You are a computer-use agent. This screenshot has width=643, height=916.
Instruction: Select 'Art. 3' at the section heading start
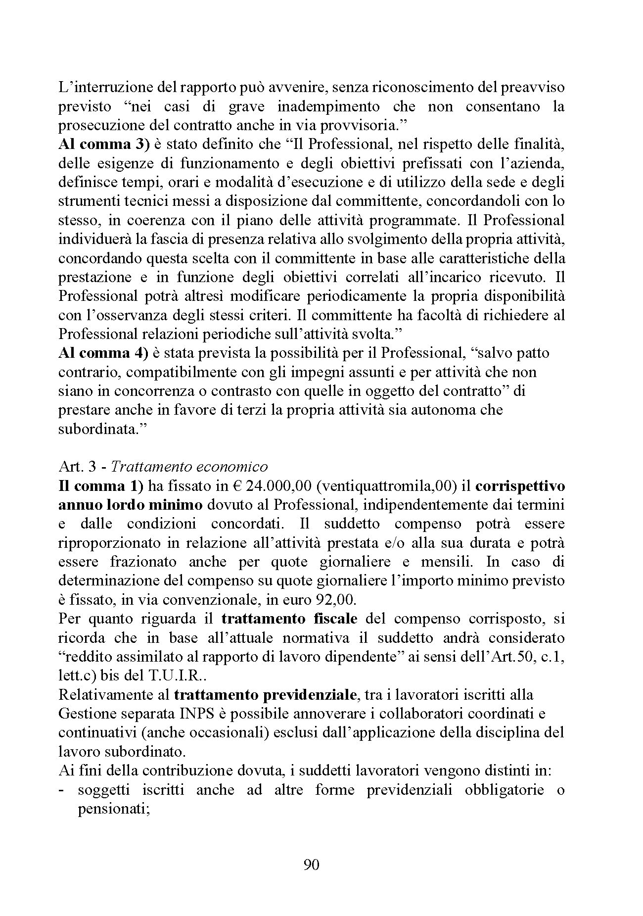click(73, 467)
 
